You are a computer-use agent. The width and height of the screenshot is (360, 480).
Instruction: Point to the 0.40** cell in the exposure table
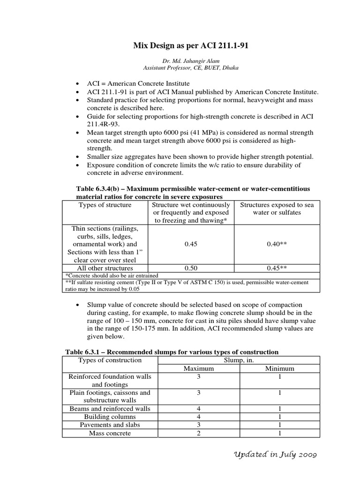pos(277,244)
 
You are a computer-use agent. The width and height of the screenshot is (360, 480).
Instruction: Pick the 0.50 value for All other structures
pos(191,268)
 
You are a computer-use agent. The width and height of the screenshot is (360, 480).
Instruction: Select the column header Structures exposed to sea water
pos(277,209)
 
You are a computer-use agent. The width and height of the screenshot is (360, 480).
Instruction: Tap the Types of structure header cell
pos(105,205)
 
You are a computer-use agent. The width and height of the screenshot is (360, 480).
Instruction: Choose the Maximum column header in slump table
pos(198,368)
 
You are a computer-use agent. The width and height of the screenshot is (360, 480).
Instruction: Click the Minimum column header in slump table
pos(279,368)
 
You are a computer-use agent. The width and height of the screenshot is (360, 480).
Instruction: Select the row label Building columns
pos(110,417)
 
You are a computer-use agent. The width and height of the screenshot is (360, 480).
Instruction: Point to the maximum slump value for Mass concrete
pos(198,433)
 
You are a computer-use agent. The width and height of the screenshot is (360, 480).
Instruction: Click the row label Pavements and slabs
pos(110,425)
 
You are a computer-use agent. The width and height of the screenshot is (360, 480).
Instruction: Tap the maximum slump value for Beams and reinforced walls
pos(198,409)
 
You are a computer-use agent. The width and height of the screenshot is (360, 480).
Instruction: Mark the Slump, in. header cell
pos(239,360)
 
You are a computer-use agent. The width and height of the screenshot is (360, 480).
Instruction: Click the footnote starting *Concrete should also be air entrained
pos(112,275)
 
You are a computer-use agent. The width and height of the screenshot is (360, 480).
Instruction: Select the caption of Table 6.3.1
pos(171,352)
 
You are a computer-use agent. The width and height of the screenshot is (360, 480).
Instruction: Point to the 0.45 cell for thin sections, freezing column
pos(191,244)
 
